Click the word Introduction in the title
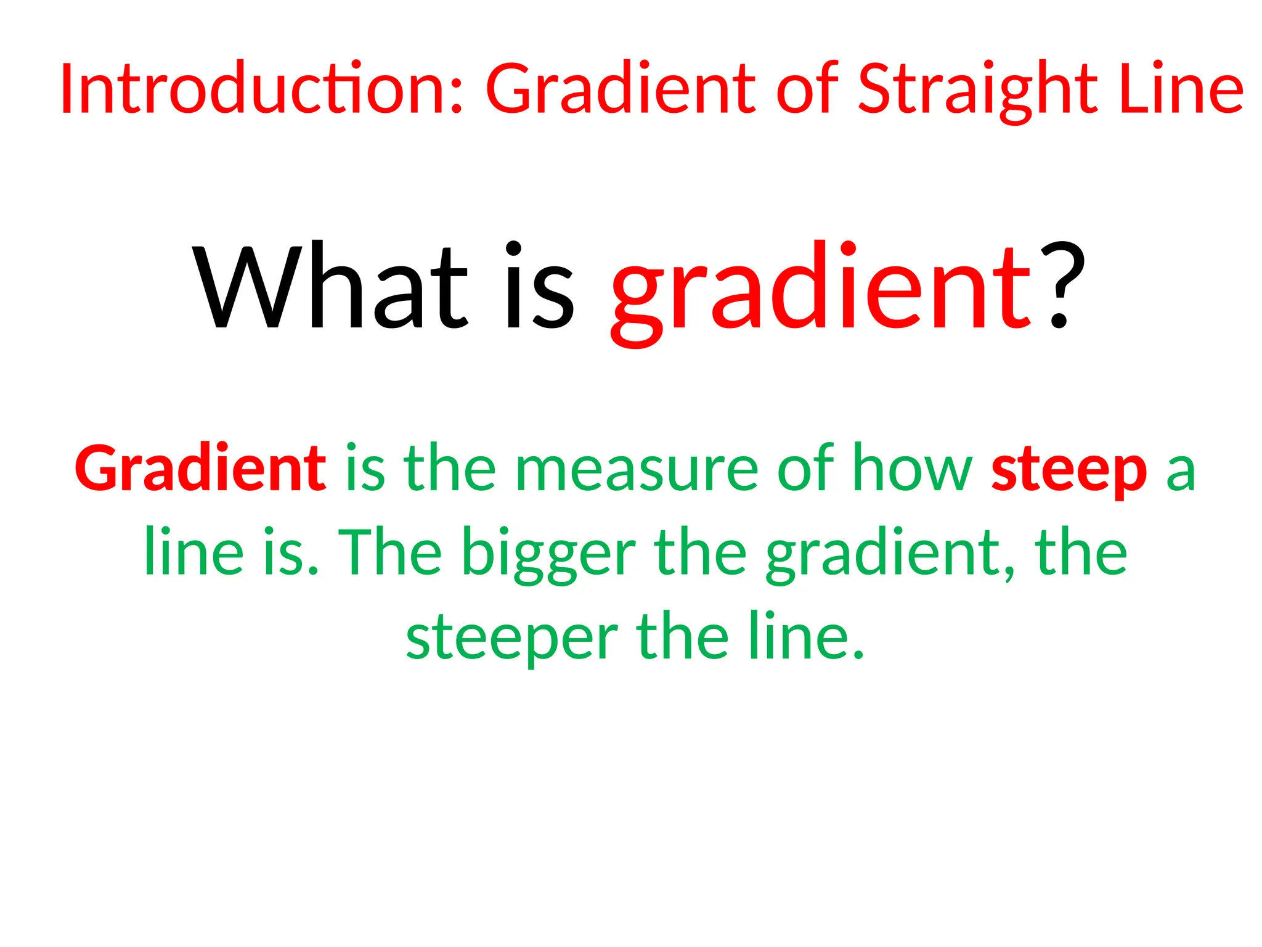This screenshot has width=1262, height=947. point(256,89)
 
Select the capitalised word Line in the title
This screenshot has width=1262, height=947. point(1181,89)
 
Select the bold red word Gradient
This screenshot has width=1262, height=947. point(200,468)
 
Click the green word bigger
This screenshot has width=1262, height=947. point(548,553)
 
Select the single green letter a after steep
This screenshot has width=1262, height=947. point(1181,472)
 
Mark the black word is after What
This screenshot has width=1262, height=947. point(540,287)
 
